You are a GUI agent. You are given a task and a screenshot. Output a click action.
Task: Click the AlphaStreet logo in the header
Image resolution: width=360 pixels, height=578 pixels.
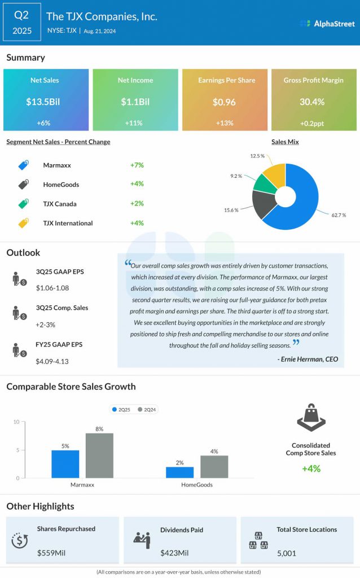pyautogui.click(x=327, y=23)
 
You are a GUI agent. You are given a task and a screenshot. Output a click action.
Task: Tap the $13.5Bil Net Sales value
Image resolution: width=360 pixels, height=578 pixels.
pyautogui.click(x=46, y=102)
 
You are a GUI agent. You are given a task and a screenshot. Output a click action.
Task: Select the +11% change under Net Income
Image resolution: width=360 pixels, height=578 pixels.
pyautogui.click(x=135, y=122)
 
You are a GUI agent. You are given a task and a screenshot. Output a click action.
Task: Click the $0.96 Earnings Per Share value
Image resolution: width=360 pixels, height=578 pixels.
pyautogui.click(x=224, y=102)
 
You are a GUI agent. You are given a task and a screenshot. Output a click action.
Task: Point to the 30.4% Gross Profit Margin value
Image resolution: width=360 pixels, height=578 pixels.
pyautogui.click(x=313, y=102)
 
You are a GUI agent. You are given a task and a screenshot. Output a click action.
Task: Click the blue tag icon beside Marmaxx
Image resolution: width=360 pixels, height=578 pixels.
pyautogui.click(x=23, y=165)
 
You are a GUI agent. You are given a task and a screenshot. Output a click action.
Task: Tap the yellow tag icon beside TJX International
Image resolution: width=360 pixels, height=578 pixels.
pyautogui.click(x=23, y=223)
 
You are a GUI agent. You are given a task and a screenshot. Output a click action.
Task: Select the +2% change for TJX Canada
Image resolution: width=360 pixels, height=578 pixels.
pyautogui.click(x=137, y=204)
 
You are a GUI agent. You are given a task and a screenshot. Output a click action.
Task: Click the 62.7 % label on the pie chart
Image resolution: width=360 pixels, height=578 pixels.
pyautogui.click(x=339, y=215)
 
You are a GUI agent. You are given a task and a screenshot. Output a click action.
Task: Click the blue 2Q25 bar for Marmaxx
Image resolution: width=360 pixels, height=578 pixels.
pyautogui.click(x=65, y=464)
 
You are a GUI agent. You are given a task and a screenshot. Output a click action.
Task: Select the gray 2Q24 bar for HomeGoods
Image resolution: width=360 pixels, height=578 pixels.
pyautogui.click(x=214, y=467)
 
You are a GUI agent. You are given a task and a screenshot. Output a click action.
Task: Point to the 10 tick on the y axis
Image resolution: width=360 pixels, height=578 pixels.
pyautogui.click(x=16, y=422)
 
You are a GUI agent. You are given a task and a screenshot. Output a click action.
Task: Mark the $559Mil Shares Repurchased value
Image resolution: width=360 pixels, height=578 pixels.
pyautogui.click(x=51, y=553)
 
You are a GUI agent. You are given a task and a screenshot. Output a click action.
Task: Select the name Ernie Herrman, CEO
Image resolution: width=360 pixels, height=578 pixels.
pyautogui.click(x=308, y=358)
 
